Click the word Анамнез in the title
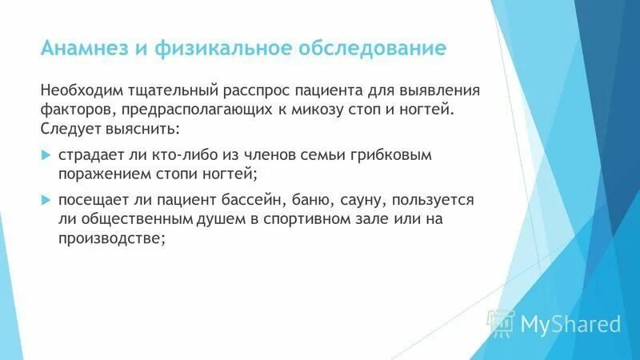pyautogui.click(x=85, y=47)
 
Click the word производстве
pyautogui.click(x=111, y=238)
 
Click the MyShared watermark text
pyautogui.click(x=570, y=324)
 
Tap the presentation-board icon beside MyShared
pyautogui.click(x=502, y=322)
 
